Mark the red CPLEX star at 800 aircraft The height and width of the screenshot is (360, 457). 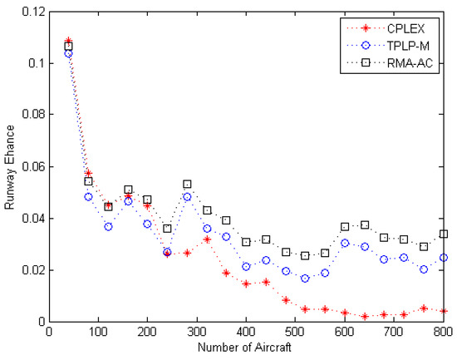[x=444, y=311]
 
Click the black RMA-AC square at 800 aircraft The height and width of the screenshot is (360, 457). [x=444, y=234]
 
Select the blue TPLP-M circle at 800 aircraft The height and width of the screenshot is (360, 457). [x=444, y=258]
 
